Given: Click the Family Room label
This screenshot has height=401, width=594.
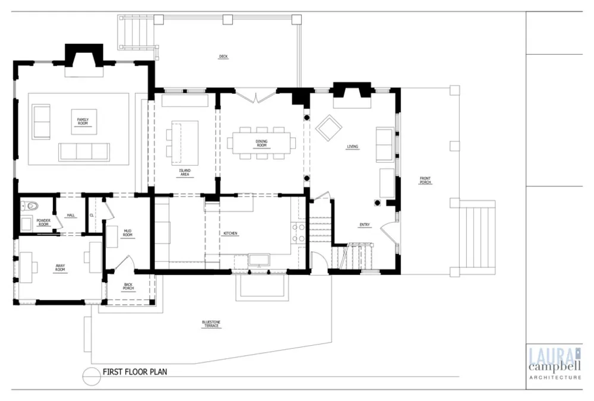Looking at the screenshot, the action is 83,121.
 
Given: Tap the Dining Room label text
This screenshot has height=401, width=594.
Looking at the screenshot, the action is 261,143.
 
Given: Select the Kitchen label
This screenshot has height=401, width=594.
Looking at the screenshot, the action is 230,233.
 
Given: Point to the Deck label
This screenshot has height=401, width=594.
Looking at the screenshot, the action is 223,56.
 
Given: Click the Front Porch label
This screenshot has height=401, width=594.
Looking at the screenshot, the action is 425,180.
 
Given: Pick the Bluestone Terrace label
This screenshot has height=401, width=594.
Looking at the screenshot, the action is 211,324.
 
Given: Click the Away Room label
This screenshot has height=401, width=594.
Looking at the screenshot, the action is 60,267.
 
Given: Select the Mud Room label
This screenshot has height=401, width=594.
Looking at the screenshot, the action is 128,233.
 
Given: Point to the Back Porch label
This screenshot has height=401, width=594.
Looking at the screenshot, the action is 128,286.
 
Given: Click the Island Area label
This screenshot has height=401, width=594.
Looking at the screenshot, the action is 185,172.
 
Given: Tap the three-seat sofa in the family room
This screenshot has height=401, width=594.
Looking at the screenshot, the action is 84,152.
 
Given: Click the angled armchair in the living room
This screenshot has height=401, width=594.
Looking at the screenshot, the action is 329,127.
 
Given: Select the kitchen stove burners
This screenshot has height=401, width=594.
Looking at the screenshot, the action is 298,233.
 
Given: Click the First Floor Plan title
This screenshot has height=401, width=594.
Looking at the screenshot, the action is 135,372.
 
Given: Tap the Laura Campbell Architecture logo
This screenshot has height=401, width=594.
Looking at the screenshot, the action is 555,363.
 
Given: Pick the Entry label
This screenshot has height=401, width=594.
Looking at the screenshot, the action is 365,225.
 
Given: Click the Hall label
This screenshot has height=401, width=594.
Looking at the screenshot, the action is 71,215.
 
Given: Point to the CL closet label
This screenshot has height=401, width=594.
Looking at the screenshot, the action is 91,215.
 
